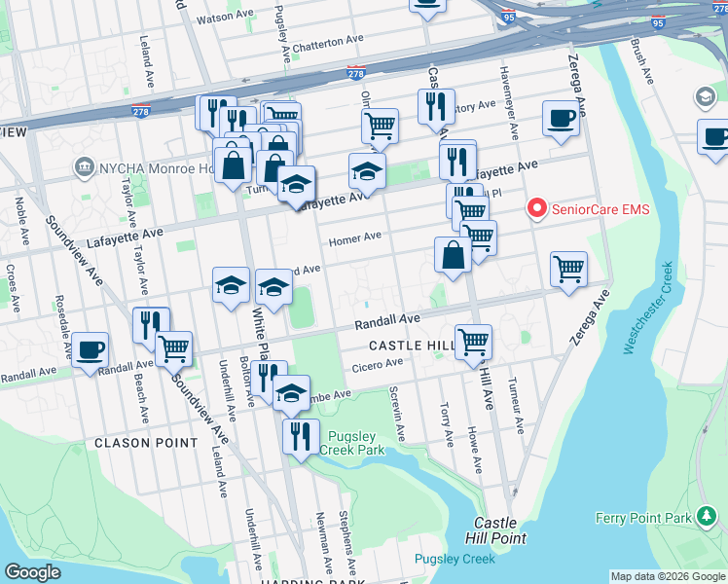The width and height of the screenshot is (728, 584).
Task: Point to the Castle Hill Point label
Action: (x=500, y=530)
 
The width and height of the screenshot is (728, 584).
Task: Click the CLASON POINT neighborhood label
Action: (x=135, y=443)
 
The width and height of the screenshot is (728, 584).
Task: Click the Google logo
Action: (x=33, y=572)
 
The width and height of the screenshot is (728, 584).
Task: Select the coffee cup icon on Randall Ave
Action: (x=91, y=349)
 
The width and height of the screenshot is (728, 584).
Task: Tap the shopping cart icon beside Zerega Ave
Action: (x=568, y=268)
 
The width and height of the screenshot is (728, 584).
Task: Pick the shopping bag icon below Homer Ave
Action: (x=453, y=255)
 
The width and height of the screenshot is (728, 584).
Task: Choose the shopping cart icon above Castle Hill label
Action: (x=473, y=341)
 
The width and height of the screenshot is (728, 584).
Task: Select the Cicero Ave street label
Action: (x=378, y=364)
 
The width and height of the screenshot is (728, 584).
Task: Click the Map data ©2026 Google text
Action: (x=668, y=576)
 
